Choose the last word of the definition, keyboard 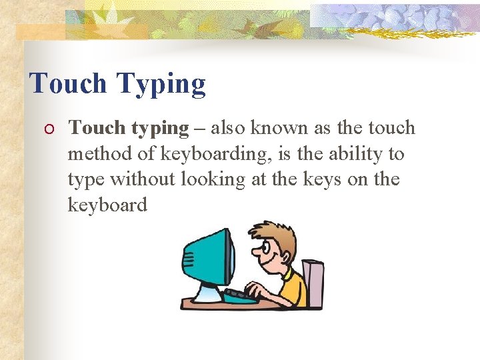pos(107,205)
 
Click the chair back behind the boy pos(313,279)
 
